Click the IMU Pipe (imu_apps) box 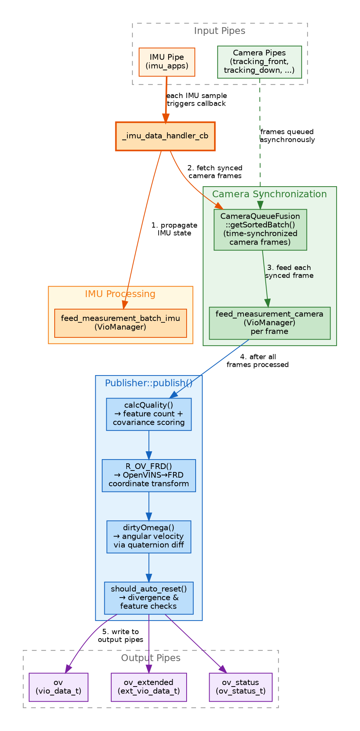(167, 62)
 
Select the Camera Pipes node (259, 62)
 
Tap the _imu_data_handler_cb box (165, 136)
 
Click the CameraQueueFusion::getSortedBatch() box (260, 230)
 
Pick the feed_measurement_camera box (270, 323)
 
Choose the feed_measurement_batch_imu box (120, 323)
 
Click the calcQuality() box (149, 414)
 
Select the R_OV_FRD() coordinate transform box (149, 475)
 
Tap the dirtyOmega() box (149, 536)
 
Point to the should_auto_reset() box (149, 598)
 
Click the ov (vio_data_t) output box (58, 687)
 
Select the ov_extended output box (149, 687)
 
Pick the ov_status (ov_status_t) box (241, 687)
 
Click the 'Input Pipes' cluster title (219, 31)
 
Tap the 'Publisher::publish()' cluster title (149, 383)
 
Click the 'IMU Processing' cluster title (120, 294)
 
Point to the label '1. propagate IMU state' (174, 229)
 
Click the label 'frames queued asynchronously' (287, 136)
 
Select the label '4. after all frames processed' (257, 361)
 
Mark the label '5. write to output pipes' (120, 635)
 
